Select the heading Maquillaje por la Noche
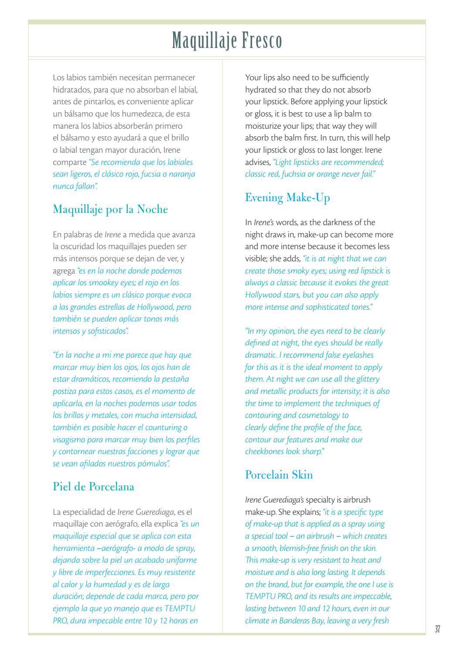click(x=110, y=209)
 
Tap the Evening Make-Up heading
click(x=287, y=198)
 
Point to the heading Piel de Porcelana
click(x=93, y=487)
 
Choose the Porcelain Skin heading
click(x=279, y=475)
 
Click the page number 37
click(x=437, y=629)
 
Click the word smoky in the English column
click(x=294, y=270)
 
